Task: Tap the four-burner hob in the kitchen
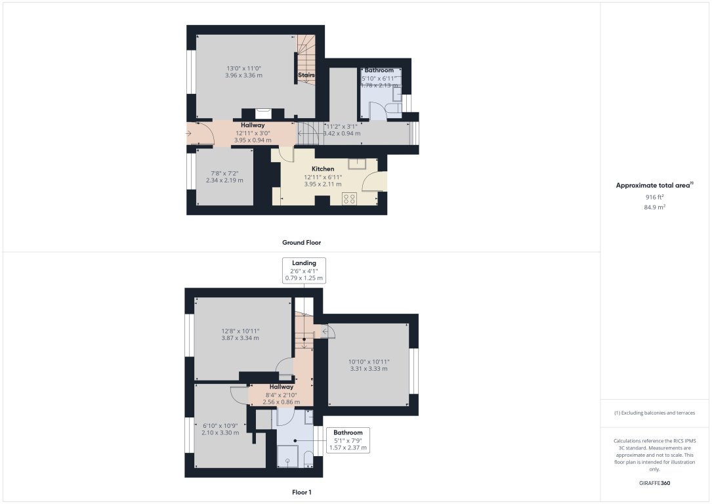[x=348, y=198]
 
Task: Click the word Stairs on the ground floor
[x=306, y=75]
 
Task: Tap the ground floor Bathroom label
[x=379, y=70]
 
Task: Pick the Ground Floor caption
[x=301, y=242]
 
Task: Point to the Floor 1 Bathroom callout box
[x=348, y=440]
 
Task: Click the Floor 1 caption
[x=301, y=492]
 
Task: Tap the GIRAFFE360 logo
[x=655, y=483]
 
